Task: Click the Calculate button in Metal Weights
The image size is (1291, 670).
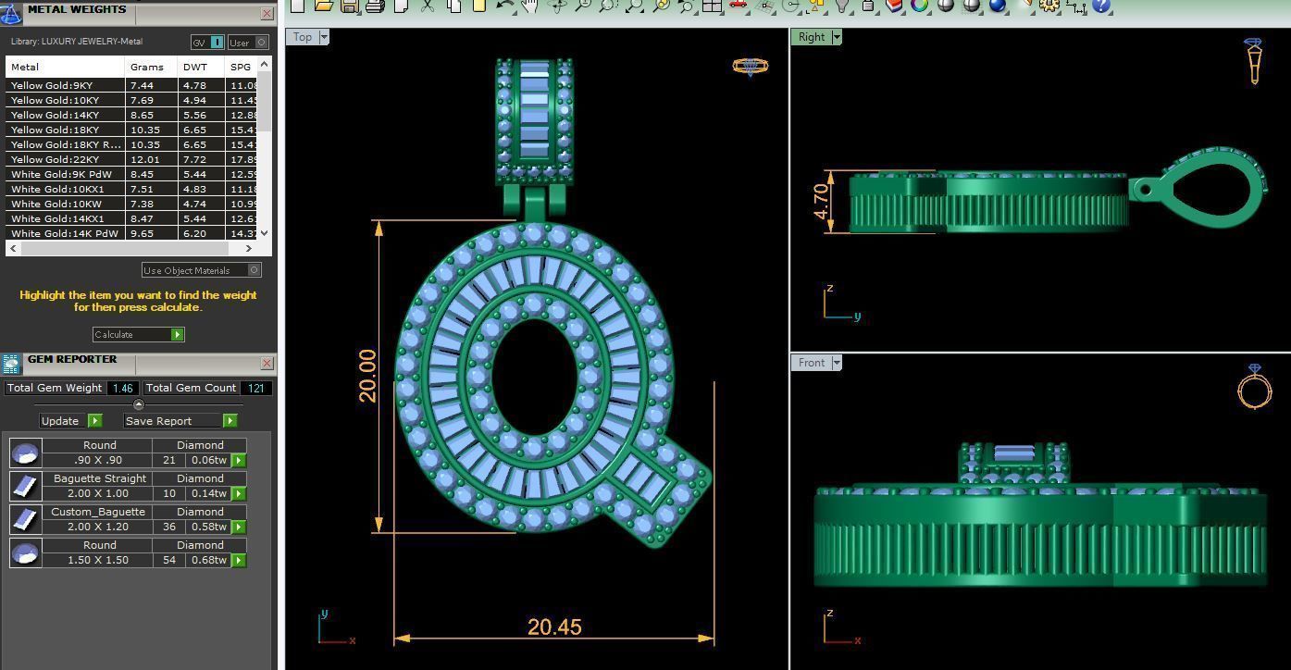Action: [x=138, y=334]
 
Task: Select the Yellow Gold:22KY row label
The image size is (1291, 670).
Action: [x=55, y=159]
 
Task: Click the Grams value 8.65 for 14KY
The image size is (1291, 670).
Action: [x=142, y=115]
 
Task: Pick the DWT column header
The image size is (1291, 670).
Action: [x=194, y=67]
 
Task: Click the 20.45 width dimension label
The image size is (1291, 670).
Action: [x=554, y=627]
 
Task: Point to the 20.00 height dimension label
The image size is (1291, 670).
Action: [x=367, y=376]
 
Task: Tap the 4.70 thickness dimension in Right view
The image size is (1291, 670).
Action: [x=821, y=201]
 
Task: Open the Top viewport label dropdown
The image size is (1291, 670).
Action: [x=324, y=37]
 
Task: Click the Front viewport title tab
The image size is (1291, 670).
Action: [x=811, y=363]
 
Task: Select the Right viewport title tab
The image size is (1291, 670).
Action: [x=811, y=37]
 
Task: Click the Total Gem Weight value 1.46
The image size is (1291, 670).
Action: [x=122, y=389]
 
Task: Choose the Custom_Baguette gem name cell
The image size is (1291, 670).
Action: [x=97, y=512]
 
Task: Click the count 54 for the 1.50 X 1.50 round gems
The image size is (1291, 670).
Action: [x=168, y=560]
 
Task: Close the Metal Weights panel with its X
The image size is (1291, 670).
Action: [x=267, y=13]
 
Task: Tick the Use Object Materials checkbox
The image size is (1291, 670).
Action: [x=254, y=270]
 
